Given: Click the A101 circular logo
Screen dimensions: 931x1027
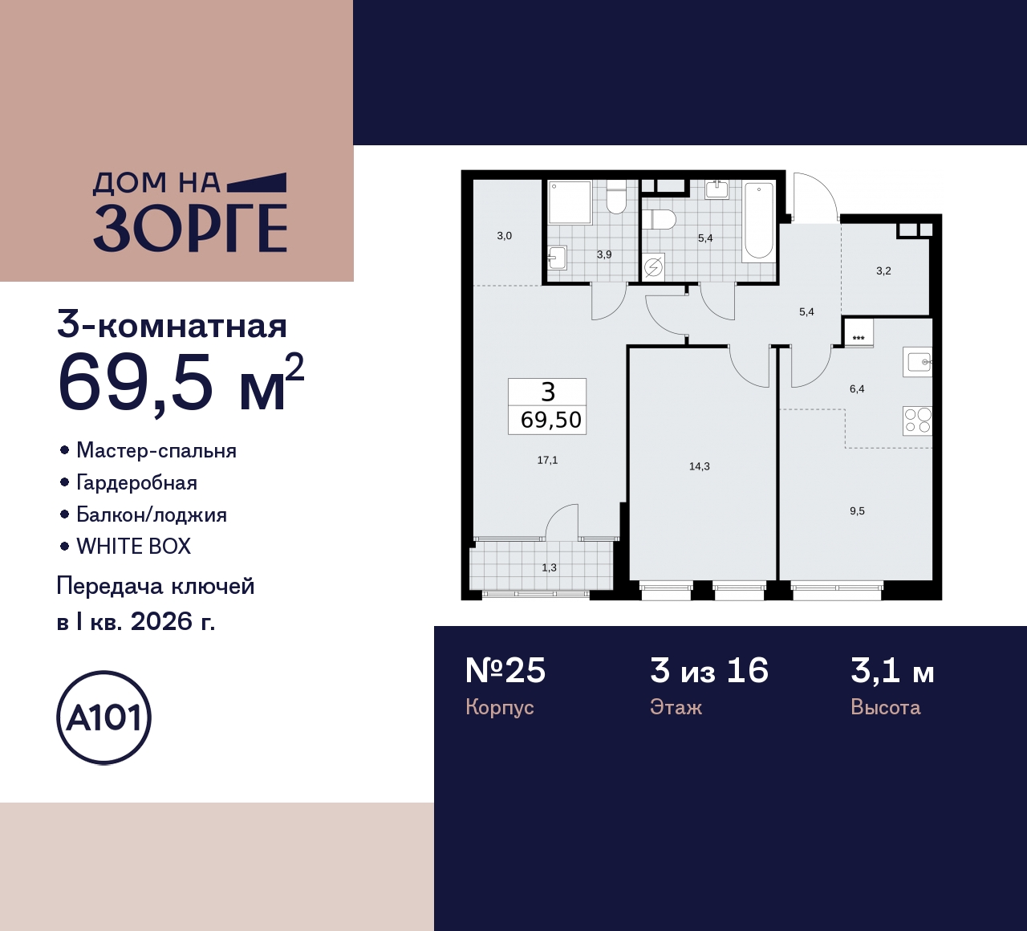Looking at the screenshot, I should click(x=104, y=718).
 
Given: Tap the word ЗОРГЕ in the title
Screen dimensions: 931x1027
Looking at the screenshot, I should click(x=190, y=228).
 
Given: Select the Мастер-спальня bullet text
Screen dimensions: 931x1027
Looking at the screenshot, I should click(x=156, y=450).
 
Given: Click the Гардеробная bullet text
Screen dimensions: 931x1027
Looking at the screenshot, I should click(x=136, y=482).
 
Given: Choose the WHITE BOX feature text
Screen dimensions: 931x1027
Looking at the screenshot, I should click(x=133, y=547).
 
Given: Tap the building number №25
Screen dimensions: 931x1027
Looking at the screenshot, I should click(x=505, y=670).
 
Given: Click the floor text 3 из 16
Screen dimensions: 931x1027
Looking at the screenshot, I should click(x=709, y=670).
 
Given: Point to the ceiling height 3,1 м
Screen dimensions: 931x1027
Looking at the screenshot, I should click(x=892, y=670).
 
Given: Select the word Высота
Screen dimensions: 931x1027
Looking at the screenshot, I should click(x=885, y=707).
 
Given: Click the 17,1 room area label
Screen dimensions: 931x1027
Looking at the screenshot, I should click(x=547, y=460).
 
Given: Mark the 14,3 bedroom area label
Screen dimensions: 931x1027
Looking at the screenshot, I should click(x=699, y=466).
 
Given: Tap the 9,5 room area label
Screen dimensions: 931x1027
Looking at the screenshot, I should click(x=857, y=511).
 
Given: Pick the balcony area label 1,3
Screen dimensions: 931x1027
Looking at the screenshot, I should click(x=549, y=567).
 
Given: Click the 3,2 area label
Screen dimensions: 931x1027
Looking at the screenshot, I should click(x=883, y=271).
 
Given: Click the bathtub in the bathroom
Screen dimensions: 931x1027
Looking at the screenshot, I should click(x=758, y=221).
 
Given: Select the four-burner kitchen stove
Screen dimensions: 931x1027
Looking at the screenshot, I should click(x=917, y=421).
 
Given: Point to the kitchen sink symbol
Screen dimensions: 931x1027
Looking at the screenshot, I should click(x=918, y=362).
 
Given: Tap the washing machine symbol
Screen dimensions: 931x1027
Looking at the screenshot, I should click(x=654, y=266).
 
